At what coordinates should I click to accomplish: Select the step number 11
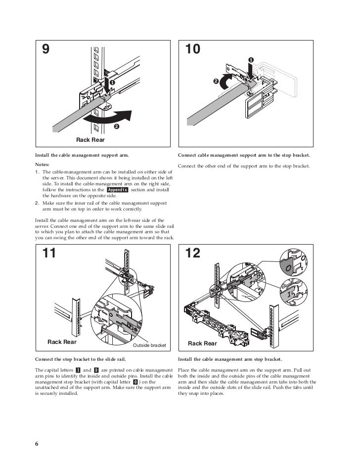pyautogui.click(x=49, y=253)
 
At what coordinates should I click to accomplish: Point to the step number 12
pyautogui.click(x=193, y=253)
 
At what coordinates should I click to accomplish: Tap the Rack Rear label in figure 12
pyautogui.click(x=202, y=343)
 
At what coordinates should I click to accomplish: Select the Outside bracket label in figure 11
pyautogui.click(x=150, y=345)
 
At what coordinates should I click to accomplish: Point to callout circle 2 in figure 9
pyautogui.click(x=116, y=127)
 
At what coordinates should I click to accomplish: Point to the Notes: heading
pyautogui.click(x=43, y=164)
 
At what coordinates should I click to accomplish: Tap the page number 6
pyautogui.click(x=37, y=443)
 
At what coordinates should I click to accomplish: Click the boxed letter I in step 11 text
pyautogui.click(x=78, y=370)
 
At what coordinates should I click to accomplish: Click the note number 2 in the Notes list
pyautogui.click(x=37, y=203)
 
